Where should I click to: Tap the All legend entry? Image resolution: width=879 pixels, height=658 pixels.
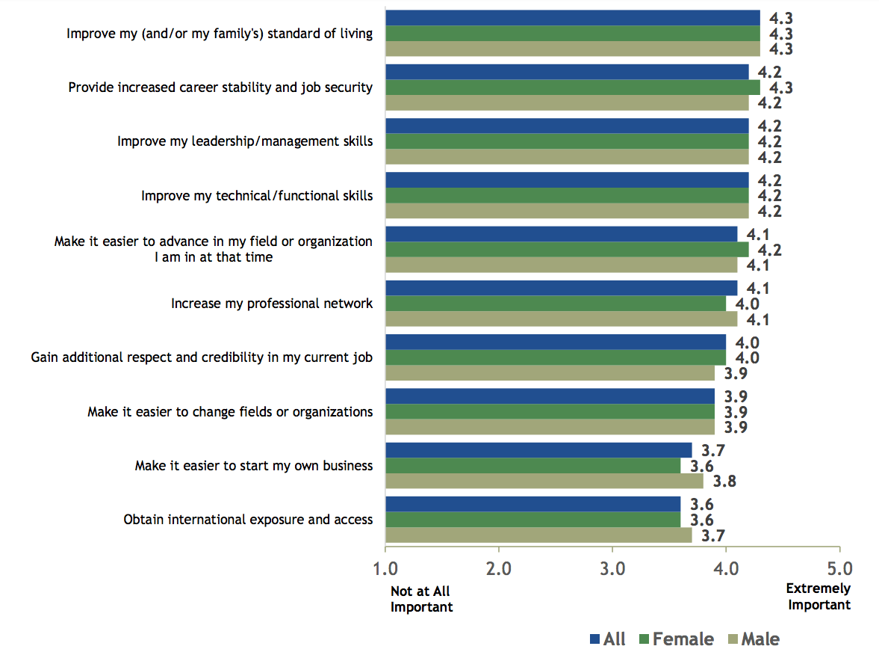coord(606,639)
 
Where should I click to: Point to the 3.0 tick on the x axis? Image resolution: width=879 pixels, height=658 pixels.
coord(612,569)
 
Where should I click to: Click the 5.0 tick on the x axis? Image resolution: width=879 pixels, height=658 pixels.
coord(839,569)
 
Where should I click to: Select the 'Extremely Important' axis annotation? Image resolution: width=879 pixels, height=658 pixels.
coord(819,597)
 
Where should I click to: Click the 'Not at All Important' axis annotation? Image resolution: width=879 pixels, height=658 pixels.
coord(421,600)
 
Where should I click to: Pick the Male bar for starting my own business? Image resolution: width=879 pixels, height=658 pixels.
coord(544,481)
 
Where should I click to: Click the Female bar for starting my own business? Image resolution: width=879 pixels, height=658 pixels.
coord(532,466)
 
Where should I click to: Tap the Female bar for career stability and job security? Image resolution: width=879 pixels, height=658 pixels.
coord(572,87)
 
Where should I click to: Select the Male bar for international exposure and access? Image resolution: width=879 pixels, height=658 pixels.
coord(538,535)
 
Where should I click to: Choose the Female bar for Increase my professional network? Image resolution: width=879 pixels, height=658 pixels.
coord(555,304)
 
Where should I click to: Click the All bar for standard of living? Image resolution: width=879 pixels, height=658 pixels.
coord(572,18)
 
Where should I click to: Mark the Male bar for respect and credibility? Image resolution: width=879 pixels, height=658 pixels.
coord(550,373)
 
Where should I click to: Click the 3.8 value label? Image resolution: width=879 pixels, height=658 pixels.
coord(722,482)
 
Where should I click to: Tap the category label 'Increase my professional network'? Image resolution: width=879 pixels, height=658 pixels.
coord(271,304)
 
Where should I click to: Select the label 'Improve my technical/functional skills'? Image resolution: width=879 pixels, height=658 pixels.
coord(256,196)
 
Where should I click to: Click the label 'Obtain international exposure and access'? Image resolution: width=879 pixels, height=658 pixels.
coord(247,520)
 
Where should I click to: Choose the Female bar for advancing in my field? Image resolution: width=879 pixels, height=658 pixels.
coord(566,250)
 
